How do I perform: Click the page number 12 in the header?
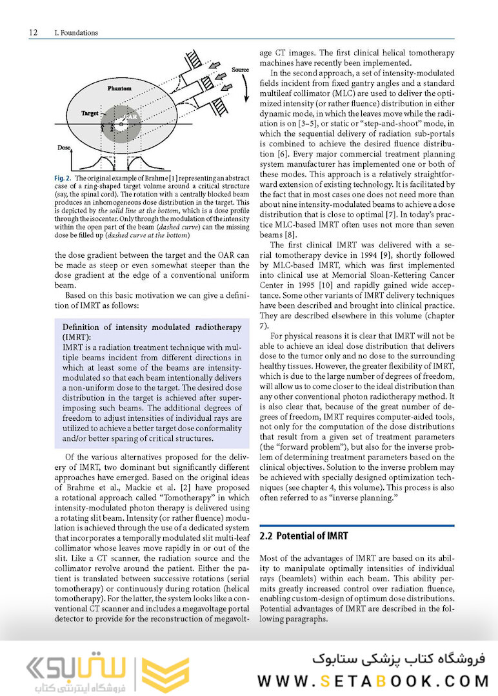33,33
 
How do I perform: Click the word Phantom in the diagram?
119,87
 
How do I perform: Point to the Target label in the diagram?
90,113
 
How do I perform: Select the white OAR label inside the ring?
131,118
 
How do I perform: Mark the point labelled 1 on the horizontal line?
103,128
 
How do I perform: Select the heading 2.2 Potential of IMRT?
303,536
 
